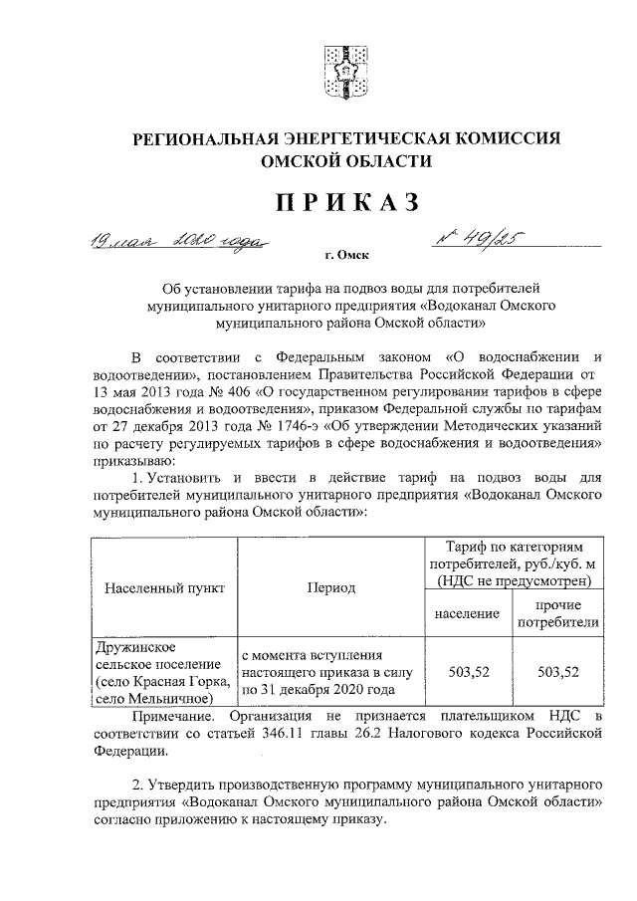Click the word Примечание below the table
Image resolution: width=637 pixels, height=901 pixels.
[173, 716]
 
